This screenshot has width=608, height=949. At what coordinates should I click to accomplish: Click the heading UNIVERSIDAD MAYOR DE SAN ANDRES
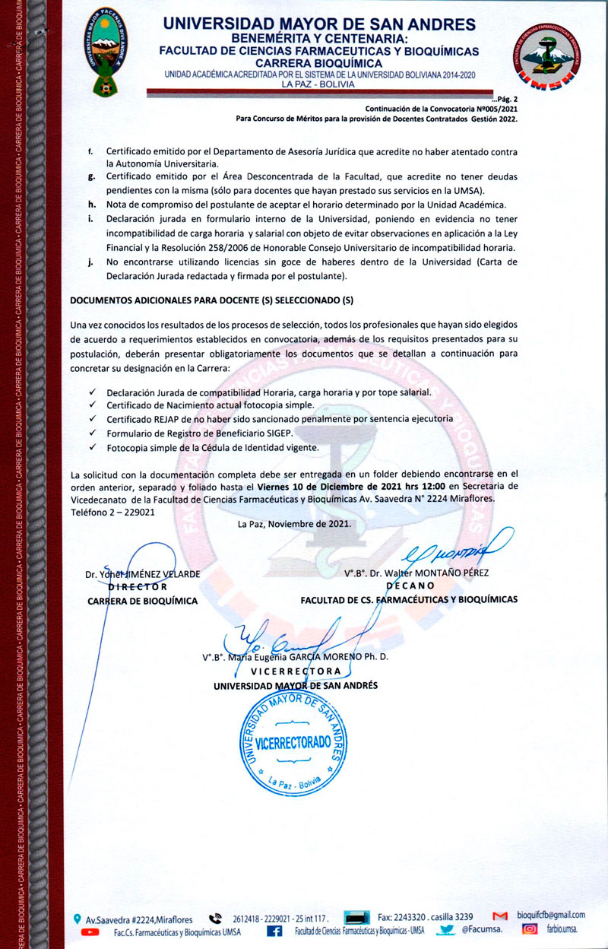pyautogui.click(x=319, y=24)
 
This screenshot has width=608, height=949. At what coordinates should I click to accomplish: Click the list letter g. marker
pyautogui.click(x=90, y=176)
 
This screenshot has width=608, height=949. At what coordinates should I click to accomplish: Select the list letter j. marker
pyautogui.click(x=90, y=262)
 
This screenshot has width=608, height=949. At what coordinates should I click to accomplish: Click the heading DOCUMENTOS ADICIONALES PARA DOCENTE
pyautogui.click(x=211, y=301)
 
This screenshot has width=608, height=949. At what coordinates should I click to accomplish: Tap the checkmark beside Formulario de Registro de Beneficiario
pyautogui.click(x=92, y=433)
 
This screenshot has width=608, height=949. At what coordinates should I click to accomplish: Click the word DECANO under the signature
pyautogui.click(x=410, y=586)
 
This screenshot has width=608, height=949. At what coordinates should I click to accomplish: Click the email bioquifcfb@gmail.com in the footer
pyautogui.click(x=550, y=915)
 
